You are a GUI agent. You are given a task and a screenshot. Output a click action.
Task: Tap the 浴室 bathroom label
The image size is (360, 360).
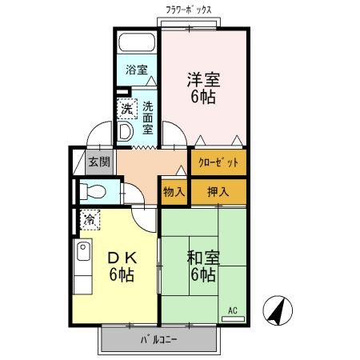coord(137,70)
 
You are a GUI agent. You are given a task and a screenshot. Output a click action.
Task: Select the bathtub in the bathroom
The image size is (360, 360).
coord(137,44)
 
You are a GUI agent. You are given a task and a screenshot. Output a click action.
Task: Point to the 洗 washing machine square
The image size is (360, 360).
coord(126,109)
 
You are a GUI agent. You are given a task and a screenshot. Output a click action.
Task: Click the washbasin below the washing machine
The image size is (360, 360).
coord(126,131)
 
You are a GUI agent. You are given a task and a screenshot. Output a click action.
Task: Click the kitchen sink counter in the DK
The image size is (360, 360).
coord(82,268)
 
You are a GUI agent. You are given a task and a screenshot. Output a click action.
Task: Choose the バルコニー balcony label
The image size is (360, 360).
coord(159,339)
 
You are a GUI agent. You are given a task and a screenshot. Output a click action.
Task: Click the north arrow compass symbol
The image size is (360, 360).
coord(278,310)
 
